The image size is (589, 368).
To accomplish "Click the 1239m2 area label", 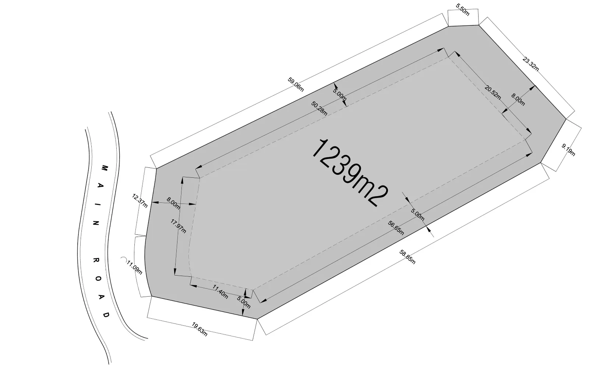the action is (350, 173).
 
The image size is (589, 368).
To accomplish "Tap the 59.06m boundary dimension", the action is (296, 84).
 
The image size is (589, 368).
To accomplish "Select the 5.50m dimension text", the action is (462, 10).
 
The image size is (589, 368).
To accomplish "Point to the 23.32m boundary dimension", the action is (530, 64).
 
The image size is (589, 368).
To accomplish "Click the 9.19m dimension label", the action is (568, 150).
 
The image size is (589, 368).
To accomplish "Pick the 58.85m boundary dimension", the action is (407, 257).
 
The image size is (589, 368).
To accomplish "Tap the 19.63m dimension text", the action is (199, 329).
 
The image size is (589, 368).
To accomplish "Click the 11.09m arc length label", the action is (134, 268).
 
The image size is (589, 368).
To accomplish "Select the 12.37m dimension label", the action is (140, 201).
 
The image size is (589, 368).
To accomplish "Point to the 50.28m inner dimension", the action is (319, 108).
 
